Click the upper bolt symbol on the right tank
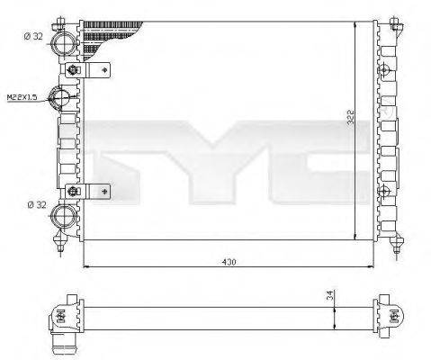tap(386, 71)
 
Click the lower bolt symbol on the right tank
tap(386, 190)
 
